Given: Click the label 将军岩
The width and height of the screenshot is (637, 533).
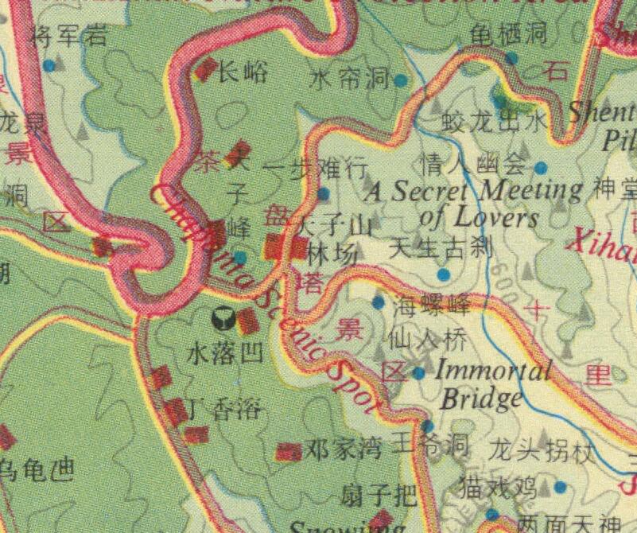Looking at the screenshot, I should pos(68,34).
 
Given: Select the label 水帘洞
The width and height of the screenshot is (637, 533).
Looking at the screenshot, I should pos(350,79).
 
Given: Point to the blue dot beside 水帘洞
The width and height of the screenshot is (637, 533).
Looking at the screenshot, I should pos(401,80).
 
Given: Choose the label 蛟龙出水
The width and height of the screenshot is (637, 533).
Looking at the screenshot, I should pos(495,121).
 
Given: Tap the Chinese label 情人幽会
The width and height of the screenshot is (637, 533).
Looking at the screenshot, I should pos(474,165).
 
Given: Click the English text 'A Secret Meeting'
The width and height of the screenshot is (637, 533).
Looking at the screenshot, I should pos(474,192).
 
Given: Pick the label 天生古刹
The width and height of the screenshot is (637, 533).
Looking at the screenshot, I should pos(441,248).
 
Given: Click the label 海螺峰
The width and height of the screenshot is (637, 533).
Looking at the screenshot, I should pos(431,303).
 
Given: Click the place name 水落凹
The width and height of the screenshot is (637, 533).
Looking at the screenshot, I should pos(224,353).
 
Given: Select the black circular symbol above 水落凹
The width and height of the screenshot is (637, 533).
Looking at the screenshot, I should pos(223,319).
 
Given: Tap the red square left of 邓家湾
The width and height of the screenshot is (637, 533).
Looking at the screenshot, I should pos(288,452).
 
